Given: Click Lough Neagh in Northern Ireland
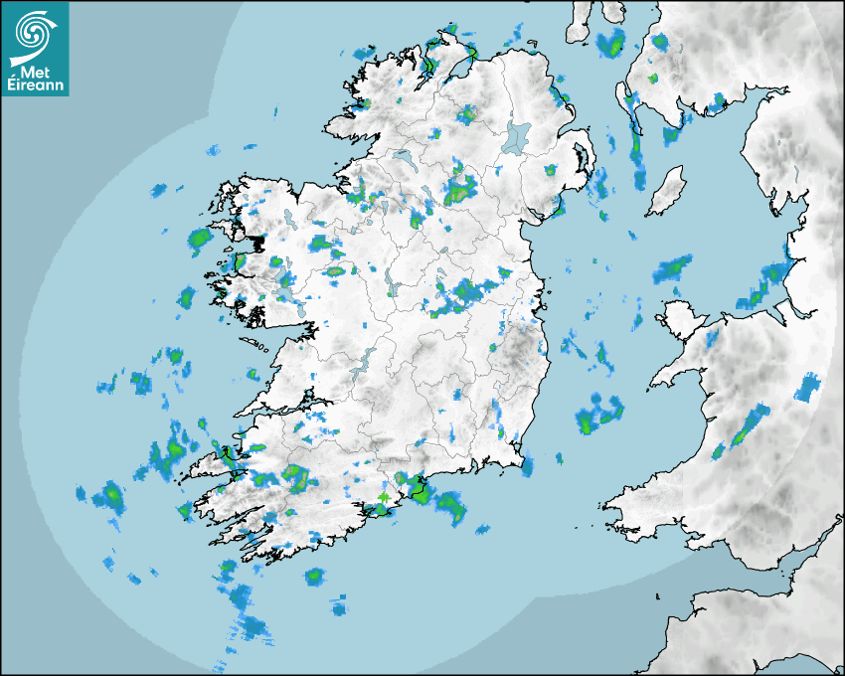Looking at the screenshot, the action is tap(517, 136).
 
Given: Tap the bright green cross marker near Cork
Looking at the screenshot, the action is tap(384, 496).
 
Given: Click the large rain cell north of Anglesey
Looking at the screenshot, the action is tap(673, 268).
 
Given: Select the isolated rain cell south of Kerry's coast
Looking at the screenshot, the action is tap(315, 576).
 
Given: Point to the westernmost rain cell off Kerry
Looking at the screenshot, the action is tap(109, 494).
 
